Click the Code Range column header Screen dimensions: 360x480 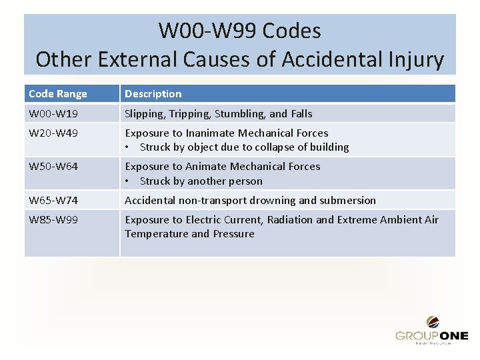coord(58,94)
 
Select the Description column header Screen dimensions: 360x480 coord(153,94)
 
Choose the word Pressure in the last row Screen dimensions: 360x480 coord(233,234)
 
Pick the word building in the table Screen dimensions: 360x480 coord(329,147)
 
